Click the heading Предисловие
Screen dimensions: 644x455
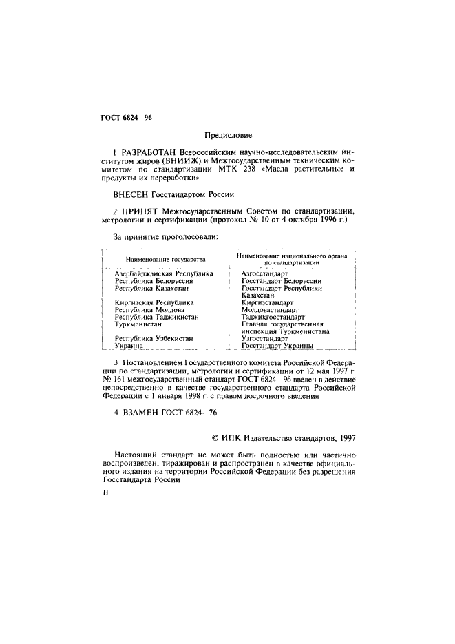coord(227,136)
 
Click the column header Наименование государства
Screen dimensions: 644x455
coord(165,259)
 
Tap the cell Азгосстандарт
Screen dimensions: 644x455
coord(265,273)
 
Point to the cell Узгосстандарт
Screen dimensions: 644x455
coord(264,339)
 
